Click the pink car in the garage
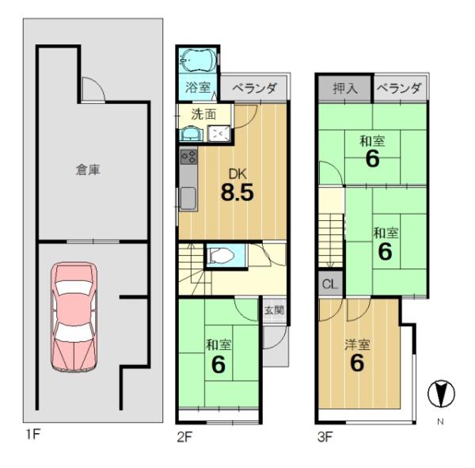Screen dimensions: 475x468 click(74, 317)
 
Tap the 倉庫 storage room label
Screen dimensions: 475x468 click(88, 169)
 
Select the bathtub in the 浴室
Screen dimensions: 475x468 click(198, 60)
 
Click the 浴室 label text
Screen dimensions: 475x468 click(198, 88)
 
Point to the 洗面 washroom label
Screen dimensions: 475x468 click(203, 114)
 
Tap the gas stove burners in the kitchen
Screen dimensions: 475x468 click(188, 157)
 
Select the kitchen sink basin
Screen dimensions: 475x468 click(188, 198)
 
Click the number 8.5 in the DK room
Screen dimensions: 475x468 click(237, 192)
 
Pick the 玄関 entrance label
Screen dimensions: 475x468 click(275, 310)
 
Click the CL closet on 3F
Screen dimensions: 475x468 click(330, 284)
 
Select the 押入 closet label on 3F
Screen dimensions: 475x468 click(345, 89)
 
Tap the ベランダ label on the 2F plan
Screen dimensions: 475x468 click(254, 88)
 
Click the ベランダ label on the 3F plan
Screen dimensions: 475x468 click(399, 88)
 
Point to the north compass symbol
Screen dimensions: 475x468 click(441, 393)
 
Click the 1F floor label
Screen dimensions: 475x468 click(33, 435)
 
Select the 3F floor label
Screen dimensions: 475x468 click(325, 437)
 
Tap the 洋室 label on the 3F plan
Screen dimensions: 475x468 click(358, 344)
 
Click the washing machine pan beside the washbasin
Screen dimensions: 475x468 click(219, 134)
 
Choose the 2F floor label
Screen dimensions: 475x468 click(184, 437)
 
